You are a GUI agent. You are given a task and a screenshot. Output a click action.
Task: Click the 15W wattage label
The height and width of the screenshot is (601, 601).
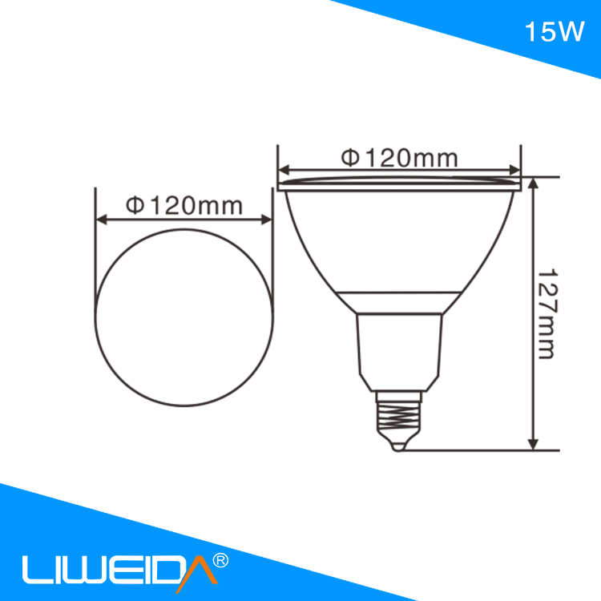(555, 31)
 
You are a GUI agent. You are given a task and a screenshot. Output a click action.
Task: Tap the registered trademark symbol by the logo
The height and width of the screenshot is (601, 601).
(220, 560)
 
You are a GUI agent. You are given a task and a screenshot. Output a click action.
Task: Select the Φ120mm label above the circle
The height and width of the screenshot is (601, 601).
(184, 206)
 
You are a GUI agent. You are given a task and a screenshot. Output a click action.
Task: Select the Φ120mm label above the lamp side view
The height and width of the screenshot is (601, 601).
(399, 158)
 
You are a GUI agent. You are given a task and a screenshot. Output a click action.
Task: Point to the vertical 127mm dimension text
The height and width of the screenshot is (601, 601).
(547, 313)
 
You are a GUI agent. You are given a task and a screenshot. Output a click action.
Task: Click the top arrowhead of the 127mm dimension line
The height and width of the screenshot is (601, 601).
(533, 184)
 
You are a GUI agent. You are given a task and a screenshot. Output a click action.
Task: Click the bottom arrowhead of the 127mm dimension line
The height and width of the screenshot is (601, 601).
(533, 445)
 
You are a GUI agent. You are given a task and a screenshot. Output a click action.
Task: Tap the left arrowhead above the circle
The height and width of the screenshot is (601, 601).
(102, 220)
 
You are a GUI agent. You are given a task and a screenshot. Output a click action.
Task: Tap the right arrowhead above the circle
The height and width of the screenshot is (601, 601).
(266, 220)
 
